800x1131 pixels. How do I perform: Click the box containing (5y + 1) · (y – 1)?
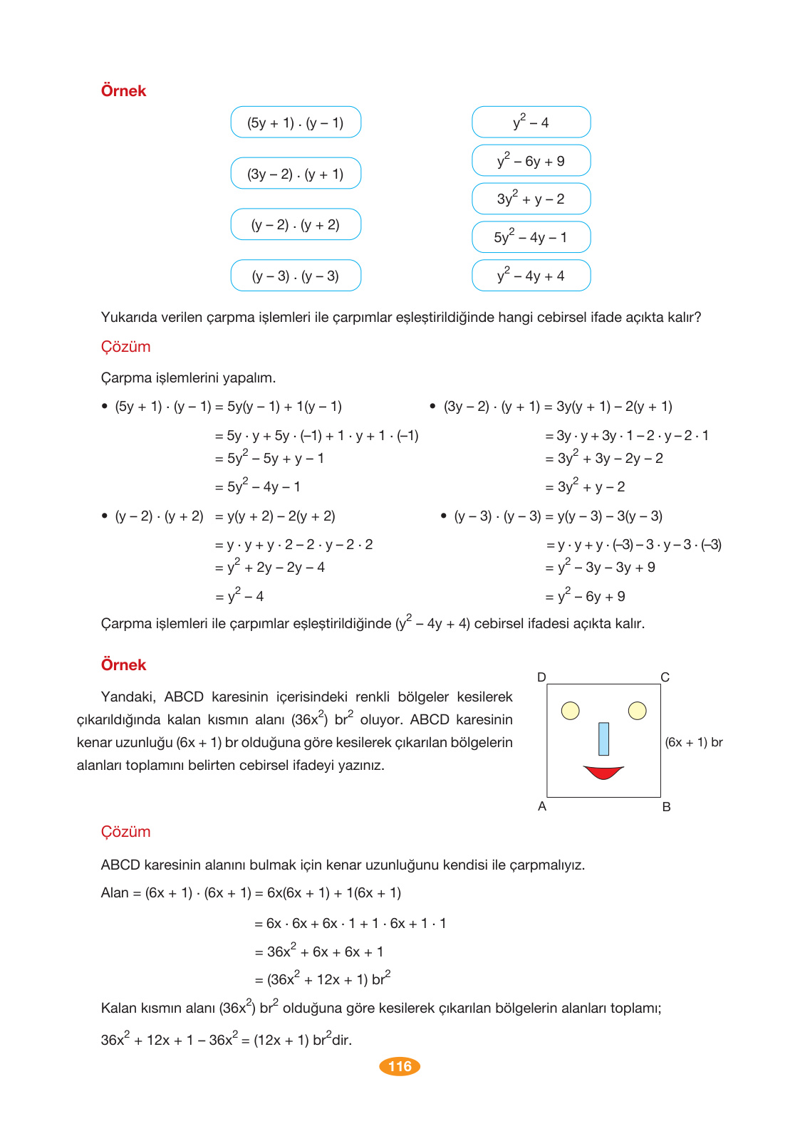click(296, 123)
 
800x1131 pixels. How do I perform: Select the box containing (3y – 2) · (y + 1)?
click(296, 174)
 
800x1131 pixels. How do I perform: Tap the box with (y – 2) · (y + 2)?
click(296, 225)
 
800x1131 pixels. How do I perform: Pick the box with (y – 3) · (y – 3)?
click(296, 276)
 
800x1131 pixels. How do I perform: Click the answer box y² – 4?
click(531, 123)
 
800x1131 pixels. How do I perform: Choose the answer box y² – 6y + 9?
click(531, 161)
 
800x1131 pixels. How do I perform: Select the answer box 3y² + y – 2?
click(531, 199)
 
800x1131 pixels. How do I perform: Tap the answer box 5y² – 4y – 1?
click(531, 237)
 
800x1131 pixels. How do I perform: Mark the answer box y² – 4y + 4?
click(531, 276)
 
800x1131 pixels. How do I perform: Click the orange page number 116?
click(400, 1066)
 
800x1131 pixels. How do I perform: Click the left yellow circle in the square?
click(571, 711)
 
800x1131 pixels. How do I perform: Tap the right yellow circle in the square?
click(638, 711)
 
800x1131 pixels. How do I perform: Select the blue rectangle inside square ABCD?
click(604, 739)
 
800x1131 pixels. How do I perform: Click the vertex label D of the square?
click(541, 677)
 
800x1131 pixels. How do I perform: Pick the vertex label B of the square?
click(667, 807)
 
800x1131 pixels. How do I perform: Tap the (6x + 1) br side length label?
click(694, 742)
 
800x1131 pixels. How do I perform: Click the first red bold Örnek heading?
click(123, 91)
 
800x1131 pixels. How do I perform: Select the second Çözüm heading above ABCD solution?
click(125, 832)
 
